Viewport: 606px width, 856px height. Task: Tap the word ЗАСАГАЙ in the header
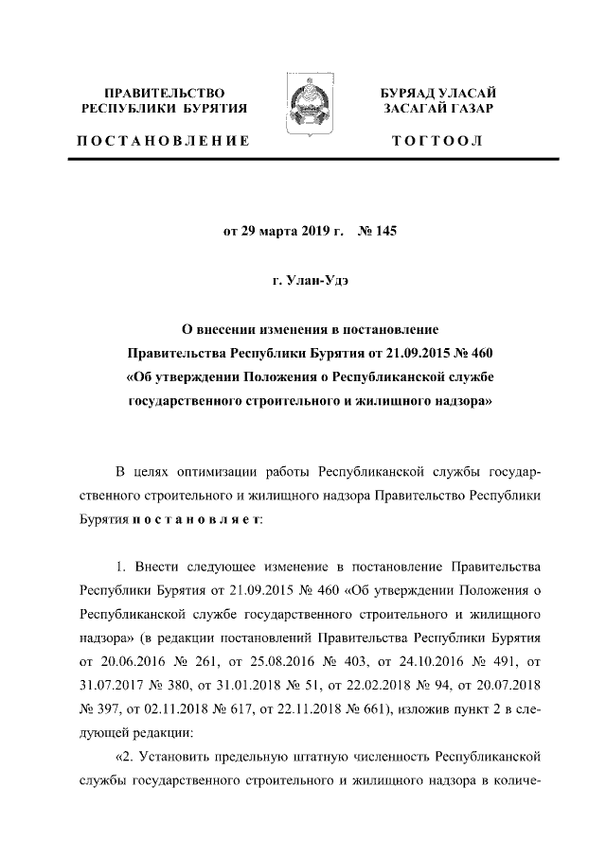tap(413, 110)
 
